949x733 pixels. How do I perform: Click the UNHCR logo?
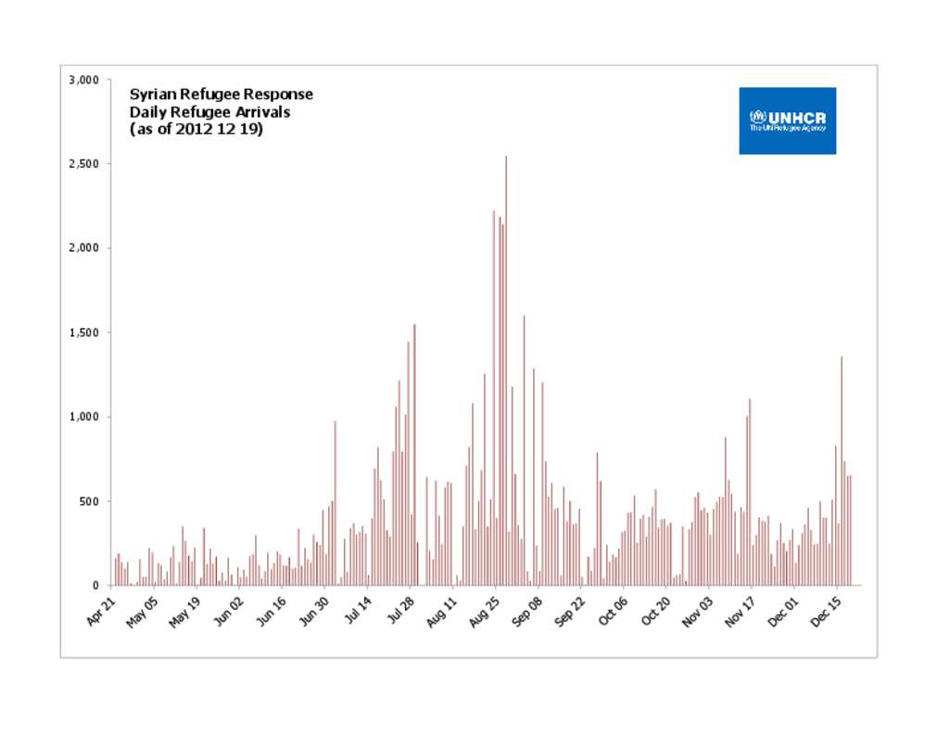787,120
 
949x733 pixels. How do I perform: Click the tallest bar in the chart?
506,371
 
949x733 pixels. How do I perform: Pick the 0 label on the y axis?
96,586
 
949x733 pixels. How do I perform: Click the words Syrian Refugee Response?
221,95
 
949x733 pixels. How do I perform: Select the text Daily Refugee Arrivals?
209,112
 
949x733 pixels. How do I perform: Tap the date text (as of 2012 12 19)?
196,130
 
